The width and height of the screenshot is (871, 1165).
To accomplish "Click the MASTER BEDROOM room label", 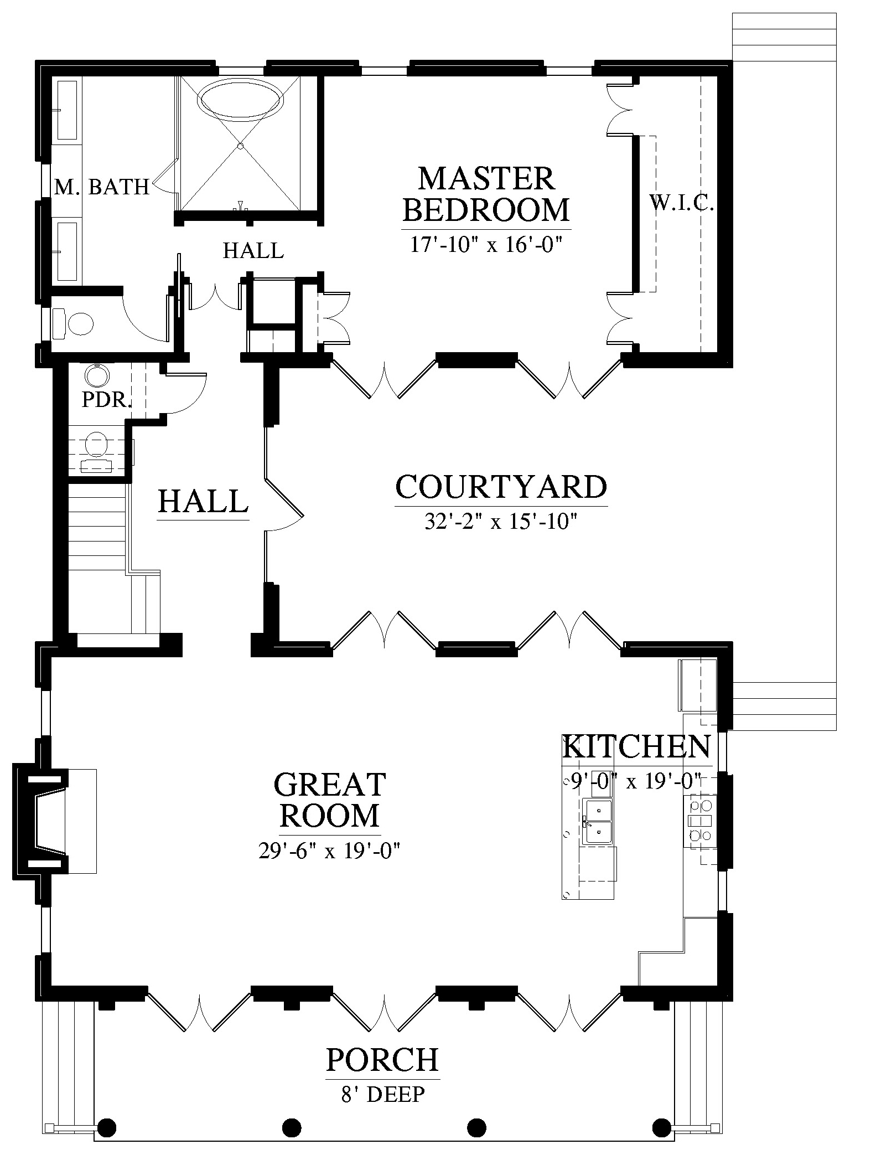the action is pyautogui.click(x=486, y=194).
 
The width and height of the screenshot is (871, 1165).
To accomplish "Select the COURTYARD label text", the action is pyautogui.click(x=501, y=487).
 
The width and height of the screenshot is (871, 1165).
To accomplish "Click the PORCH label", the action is pyautogui.click(x=382, y=1059).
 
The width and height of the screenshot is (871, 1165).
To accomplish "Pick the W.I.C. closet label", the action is pyautogui.click(x=682, y=204).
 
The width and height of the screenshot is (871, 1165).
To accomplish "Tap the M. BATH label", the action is pyautogui.click(x=102, y=187).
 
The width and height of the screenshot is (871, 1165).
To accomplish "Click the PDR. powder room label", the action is pyautogui.click(x=106, y=400).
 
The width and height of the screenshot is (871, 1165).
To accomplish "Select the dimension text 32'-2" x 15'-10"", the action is pyautogui.click(x=501, y=522).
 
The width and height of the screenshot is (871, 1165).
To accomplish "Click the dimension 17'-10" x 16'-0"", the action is pyautogui.click(x=486, y=244).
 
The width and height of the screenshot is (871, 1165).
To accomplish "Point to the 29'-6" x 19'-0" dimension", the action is pyautogui.click(x=330, y=849).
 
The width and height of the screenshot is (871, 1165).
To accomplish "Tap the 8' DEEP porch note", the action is pyautogui.click(x=383, y=1094).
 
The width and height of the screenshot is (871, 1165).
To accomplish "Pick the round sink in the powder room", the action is pyautogui.click(x=98, y=377).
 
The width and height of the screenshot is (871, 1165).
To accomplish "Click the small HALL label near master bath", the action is pyautogui.click(x=253, y=251).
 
